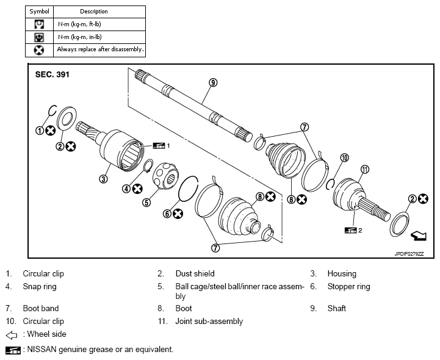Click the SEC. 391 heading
52,74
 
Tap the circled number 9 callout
213,82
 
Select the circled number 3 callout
103,179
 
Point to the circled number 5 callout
146,202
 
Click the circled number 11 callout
364,170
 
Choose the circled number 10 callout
345,157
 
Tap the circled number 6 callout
167,214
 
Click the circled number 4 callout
126,189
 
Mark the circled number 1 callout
40,131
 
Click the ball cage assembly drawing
166,176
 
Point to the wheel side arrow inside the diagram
419,236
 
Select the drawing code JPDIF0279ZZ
409,254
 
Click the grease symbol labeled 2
350,231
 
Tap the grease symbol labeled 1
159,146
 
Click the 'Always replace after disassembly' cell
99,50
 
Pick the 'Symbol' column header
39,12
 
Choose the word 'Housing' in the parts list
342,274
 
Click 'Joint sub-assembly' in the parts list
209,322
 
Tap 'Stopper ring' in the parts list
349,287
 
